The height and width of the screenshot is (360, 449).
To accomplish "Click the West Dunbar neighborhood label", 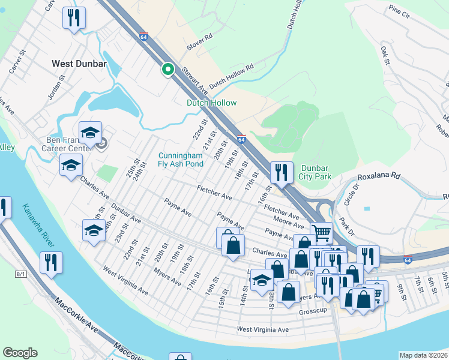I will tap(79, 63).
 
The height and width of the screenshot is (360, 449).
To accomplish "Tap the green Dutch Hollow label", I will tap(211, 103).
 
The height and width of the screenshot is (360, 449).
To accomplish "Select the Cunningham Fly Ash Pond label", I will tap(181, 158).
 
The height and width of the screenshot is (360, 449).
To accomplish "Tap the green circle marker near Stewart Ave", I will tap(168, 70).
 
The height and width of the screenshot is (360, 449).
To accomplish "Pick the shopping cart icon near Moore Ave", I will tap(322, 232).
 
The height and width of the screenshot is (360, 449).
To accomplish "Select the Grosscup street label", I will tap(313, 311).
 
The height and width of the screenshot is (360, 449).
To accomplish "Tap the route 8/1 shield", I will tap(21, 274).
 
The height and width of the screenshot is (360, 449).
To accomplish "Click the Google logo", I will tap(20, 353).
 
